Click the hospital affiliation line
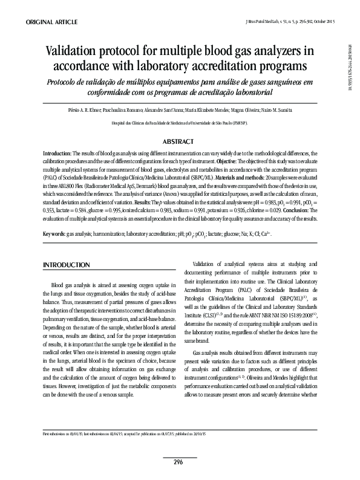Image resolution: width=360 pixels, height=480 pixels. (x=180, y=123)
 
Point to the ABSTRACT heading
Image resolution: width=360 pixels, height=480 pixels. (x=180, y=141)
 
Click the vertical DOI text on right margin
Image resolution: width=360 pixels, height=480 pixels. (x=349, y=67)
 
